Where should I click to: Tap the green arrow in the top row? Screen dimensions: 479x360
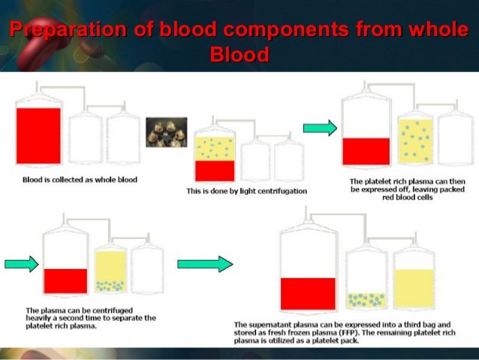[319, 129]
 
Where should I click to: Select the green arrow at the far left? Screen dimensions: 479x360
[21, 264]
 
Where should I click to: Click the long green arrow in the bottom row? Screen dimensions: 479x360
[205, 264]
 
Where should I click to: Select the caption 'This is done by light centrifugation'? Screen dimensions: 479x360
[246, 192]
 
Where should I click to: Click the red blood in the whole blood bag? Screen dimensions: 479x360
[38, 135]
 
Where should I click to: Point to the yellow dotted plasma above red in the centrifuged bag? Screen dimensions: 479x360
[215, 147]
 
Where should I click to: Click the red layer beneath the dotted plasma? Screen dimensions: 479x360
[215, 171]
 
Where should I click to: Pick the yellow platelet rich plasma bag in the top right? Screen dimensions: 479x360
[414, 141]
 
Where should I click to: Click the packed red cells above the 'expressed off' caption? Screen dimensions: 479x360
[366, 151]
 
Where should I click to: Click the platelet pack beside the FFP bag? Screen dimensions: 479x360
[366, 300]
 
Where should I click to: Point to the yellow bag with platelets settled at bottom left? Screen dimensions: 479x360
[111, 271]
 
